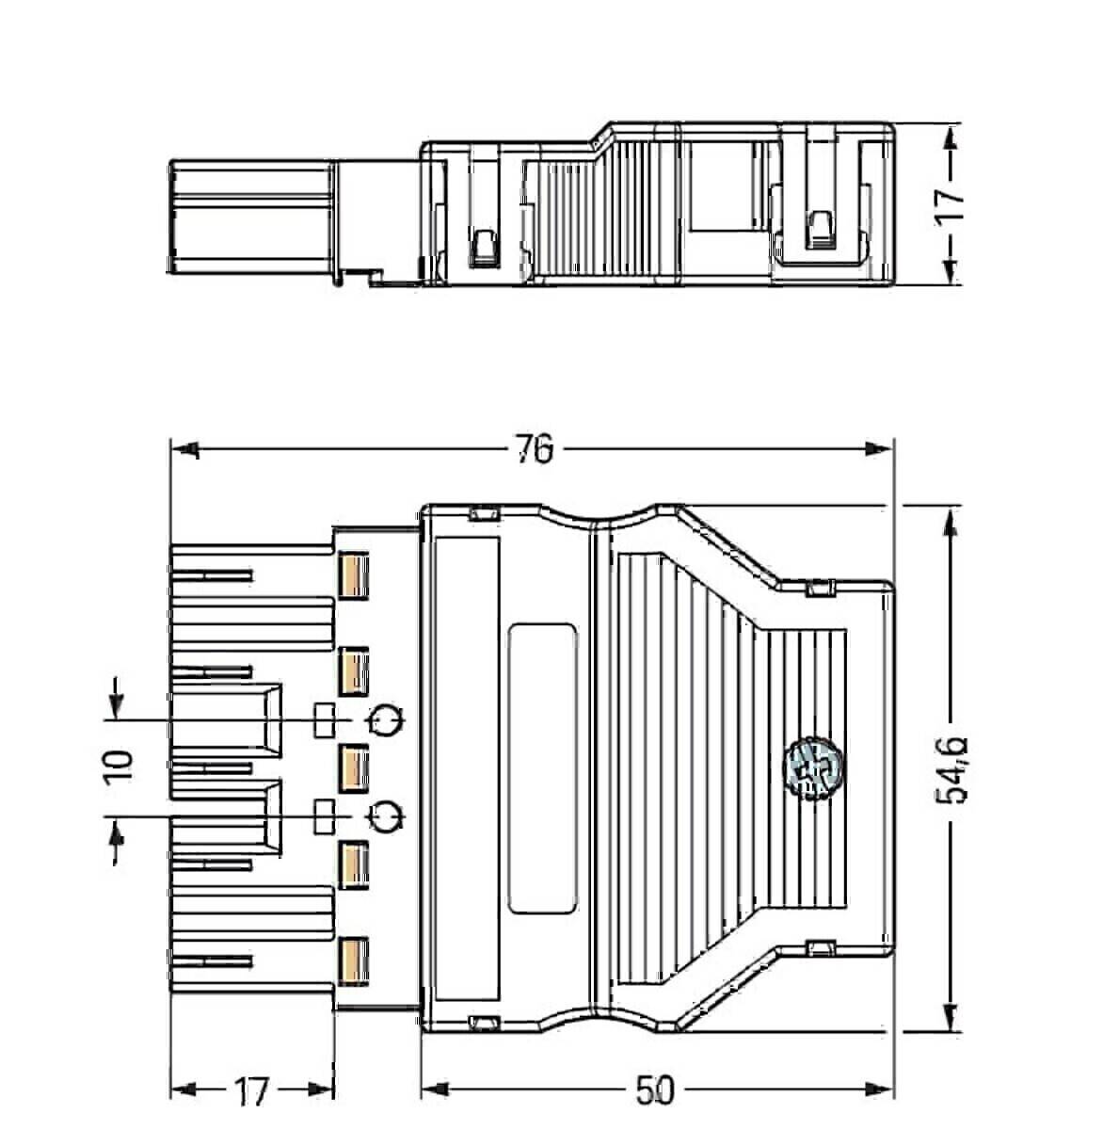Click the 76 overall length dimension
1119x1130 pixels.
(534, 450)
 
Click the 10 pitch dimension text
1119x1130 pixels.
(120, 767)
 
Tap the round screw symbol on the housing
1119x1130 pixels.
(811, 767)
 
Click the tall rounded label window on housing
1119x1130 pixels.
(542, 767)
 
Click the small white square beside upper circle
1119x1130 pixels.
(324, 720)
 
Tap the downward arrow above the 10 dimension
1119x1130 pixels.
(115, 702)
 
